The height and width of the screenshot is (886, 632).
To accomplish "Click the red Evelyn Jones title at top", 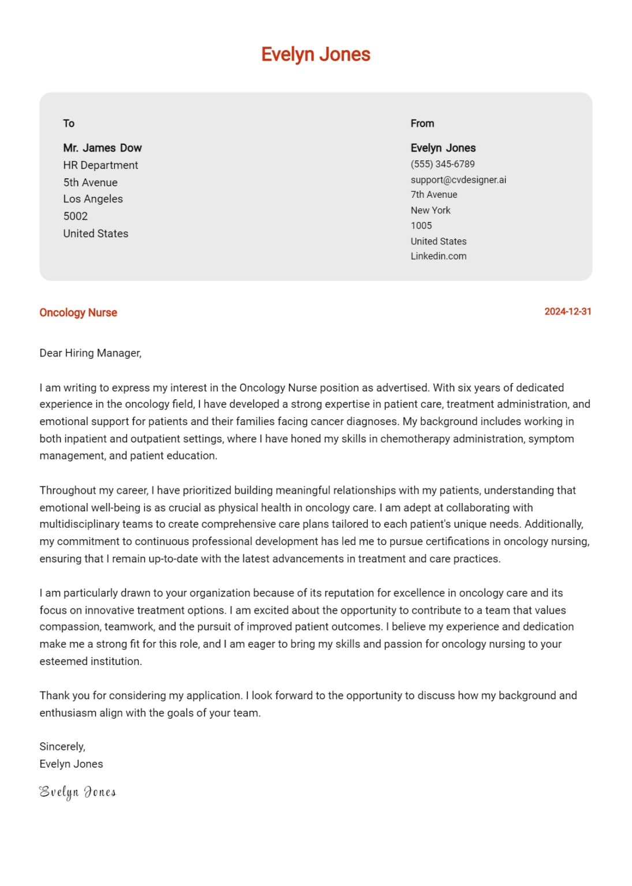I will click(x=315, y=54).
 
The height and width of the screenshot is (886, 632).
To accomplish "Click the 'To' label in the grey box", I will click(x=69, y=123).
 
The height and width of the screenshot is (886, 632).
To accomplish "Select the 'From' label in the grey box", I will click(x=422, y=123).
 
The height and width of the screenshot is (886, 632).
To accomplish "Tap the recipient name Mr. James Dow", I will click(x=102, y=148).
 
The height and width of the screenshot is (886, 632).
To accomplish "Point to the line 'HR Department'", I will click(x=100, y=166).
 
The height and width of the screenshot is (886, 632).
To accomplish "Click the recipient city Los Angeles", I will click(x=93, y=199).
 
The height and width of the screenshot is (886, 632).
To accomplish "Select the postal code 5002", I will click(x=76, y=216).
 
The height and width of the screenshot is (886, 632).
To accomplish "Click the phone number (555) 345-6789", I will click(x=442, y=164).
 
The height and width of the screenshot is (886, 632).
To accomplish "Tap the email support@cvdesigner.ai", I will click(x=458, y=180).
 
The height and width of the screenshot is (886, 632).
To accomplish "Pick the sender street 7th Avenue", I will click(x=433, y=195).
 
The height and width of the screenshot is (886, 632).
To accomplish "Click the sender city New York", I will click(x=430, y=211).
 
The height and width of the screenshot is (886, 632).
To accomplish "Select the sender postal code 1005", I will click(x=421, y=226).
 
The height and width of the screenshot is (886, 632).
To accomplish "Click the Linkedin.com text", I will click(x=438, y=256).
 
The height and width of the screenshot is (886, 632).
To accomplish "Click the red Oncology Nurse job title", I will click(x=78, y=313).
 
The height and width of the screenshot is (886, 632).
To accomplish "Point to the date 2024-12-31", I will click(x=567, y=311).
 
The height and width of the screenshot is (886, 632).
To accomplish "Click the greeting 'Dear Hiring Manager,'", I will click(x=90, y=353).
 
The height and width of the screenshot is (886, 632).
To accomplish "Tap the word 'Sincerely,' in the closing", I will click(x=62, y=746).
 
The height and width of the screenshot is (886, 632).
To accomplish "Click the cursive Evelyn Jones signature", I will click(x=77, y=792).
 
